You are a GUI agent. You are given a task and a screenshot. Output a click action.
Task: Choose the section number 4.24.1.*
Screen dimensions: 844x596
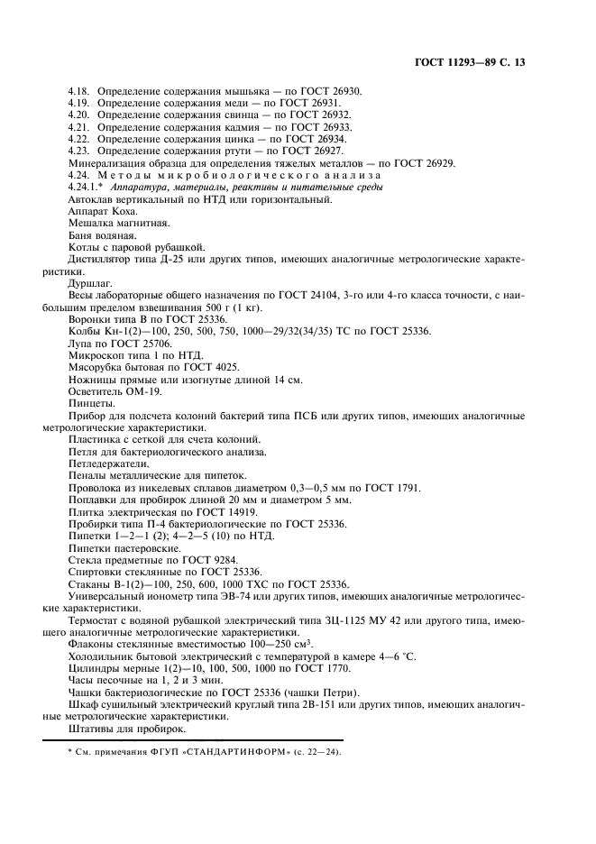(x=88, y=187)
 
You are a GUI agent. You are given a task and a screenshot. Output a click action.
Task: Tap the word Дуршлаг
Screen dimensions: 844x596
(x=91, y=282)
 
